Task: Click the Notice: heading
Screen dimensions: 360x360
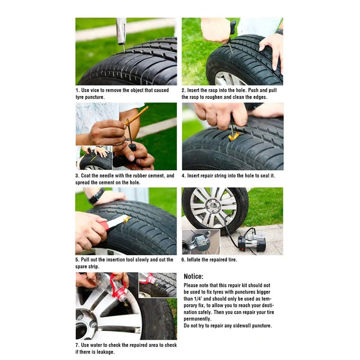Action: [x=193, y=276]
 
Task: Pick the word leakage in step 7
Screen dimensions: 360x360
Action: [x=105, y=352]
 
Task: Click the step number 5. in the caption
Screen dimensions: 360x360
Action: [x=77, y=260]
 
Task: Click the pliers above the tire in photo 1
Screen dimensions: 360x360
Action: [x=121, y=31]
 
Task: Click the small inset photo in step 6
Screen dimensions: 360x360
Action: [x=201, y=242]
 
